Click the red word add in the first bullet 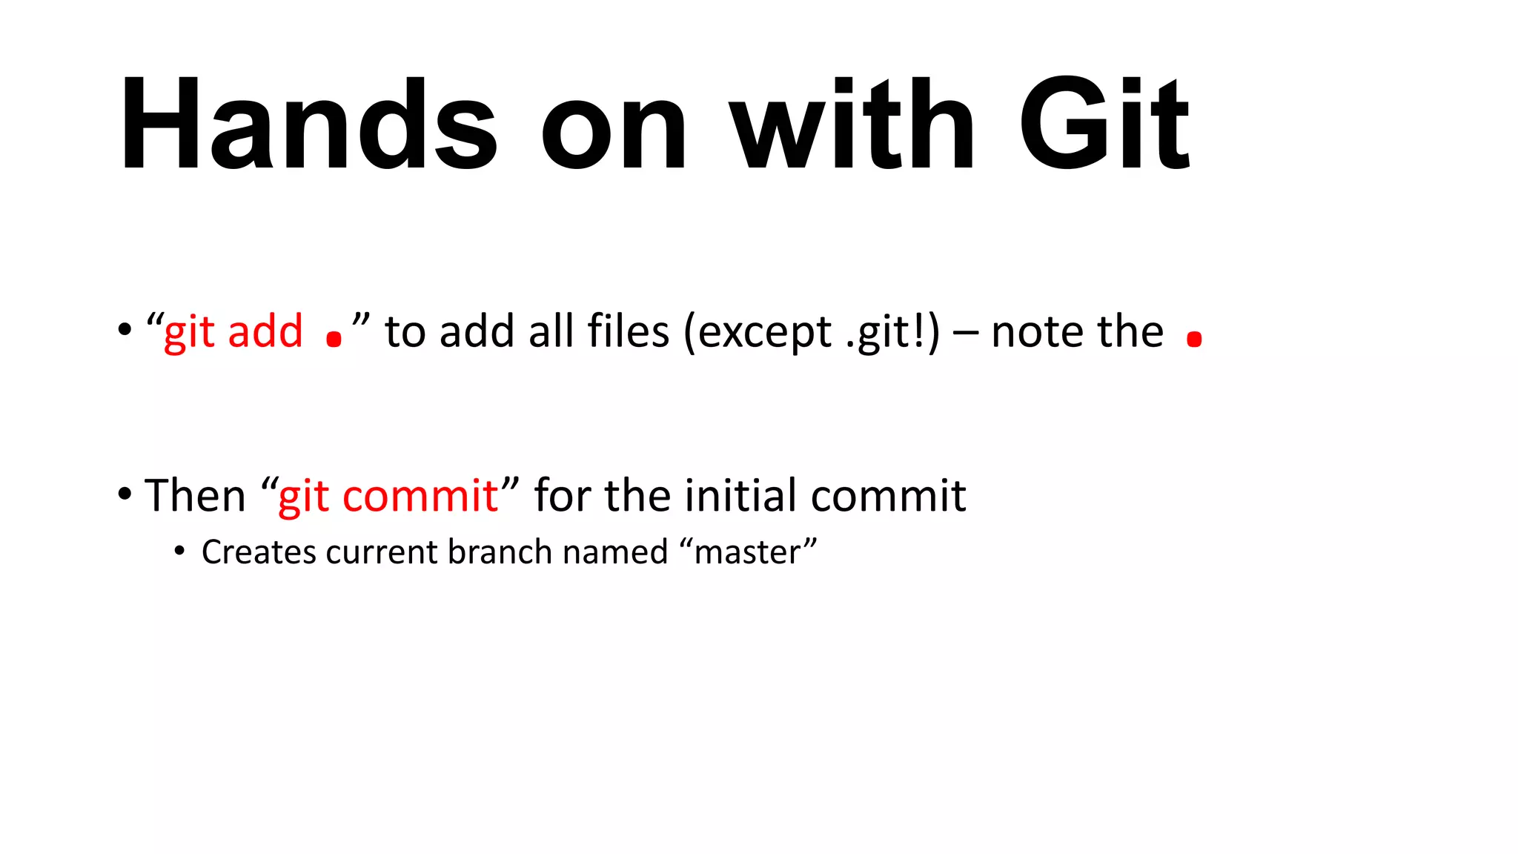click(x=265, y=331)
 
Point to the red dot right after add click(x=334, y=340)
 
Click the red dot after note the click(x=1193, y=340)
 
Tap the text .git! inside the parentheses click(x=886, y=333)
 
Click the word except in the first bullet click(x=764, y=333)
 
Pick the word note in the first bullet click(x=1038, y=331)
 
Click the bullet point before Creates click(x=179, y=552)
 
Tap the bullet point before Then click(x=125, y=493)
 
